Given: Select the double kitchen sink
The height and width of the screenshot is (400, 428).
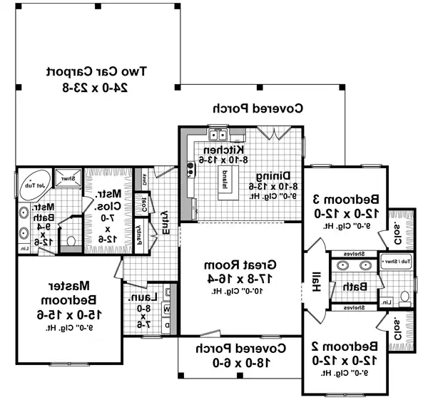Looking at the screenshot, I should [x=217, y=133].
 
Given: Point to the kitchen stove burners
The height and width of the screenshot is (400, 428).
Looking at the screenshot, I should [x=191, y=169].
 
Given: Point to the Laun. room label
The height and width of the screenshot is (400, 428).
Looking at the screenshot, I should [x=139, y=300].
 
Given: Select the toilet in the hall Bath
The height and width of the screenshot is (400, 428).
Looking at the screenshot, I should [x=404, y=295].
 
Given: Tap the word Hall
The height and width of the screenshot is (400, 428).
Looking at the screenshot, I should [x=316, y=284].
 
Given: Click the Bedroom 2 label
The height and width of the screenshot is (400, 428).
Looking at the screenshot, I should [x=347, y=347].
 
